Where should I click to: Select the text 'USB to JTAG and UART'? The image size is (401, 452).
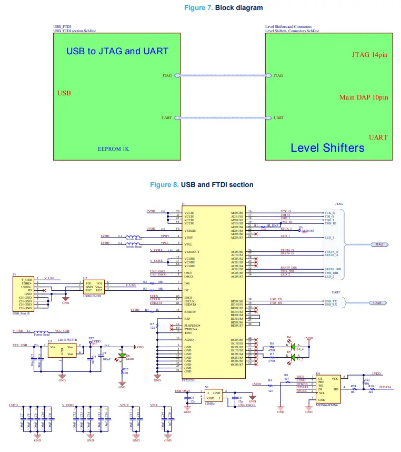pos(117,51)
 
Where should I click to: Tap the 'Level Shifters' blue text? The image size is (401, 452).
pos(327,148)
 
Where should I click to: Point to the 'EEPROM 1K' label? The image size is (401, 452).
pos(113,149)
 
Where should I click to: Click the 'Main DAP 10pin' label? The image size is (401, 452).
pos(364,97)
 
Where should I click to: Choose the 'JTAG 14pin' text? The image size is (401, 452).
pos(369,55)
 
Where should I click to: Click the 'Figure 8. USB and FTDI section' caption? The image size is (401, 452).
pos(202,184)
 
